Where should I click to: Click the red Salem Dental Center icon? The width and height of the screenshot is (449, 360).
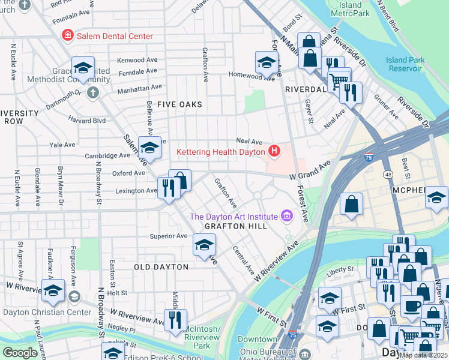click(x=68, y=36)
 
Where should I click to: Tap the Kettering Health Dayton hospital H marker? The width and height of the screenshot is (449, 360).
click(x=274, y=151)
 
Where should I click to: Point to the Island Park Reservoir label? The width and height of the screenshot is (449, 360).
click(x=413, y=64)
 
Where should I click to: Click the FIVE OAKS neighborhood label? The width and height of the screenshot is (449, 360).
click(x=179, y=104)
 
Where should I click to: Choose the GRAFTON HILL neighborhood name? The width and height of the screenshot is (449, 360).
click(x=234, y=226)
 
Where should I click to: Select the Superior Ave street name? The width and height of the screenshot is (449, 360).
click(x=169, y=236)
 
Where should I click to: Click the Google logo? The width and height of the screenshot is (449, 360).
click(x=20, y=353)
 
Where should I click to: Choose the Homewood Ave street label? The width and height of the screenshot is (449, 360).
click(x=252, y=76)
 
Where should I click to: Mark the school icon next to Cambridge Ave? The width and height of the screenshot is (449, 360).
click(x=149, y=148)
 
